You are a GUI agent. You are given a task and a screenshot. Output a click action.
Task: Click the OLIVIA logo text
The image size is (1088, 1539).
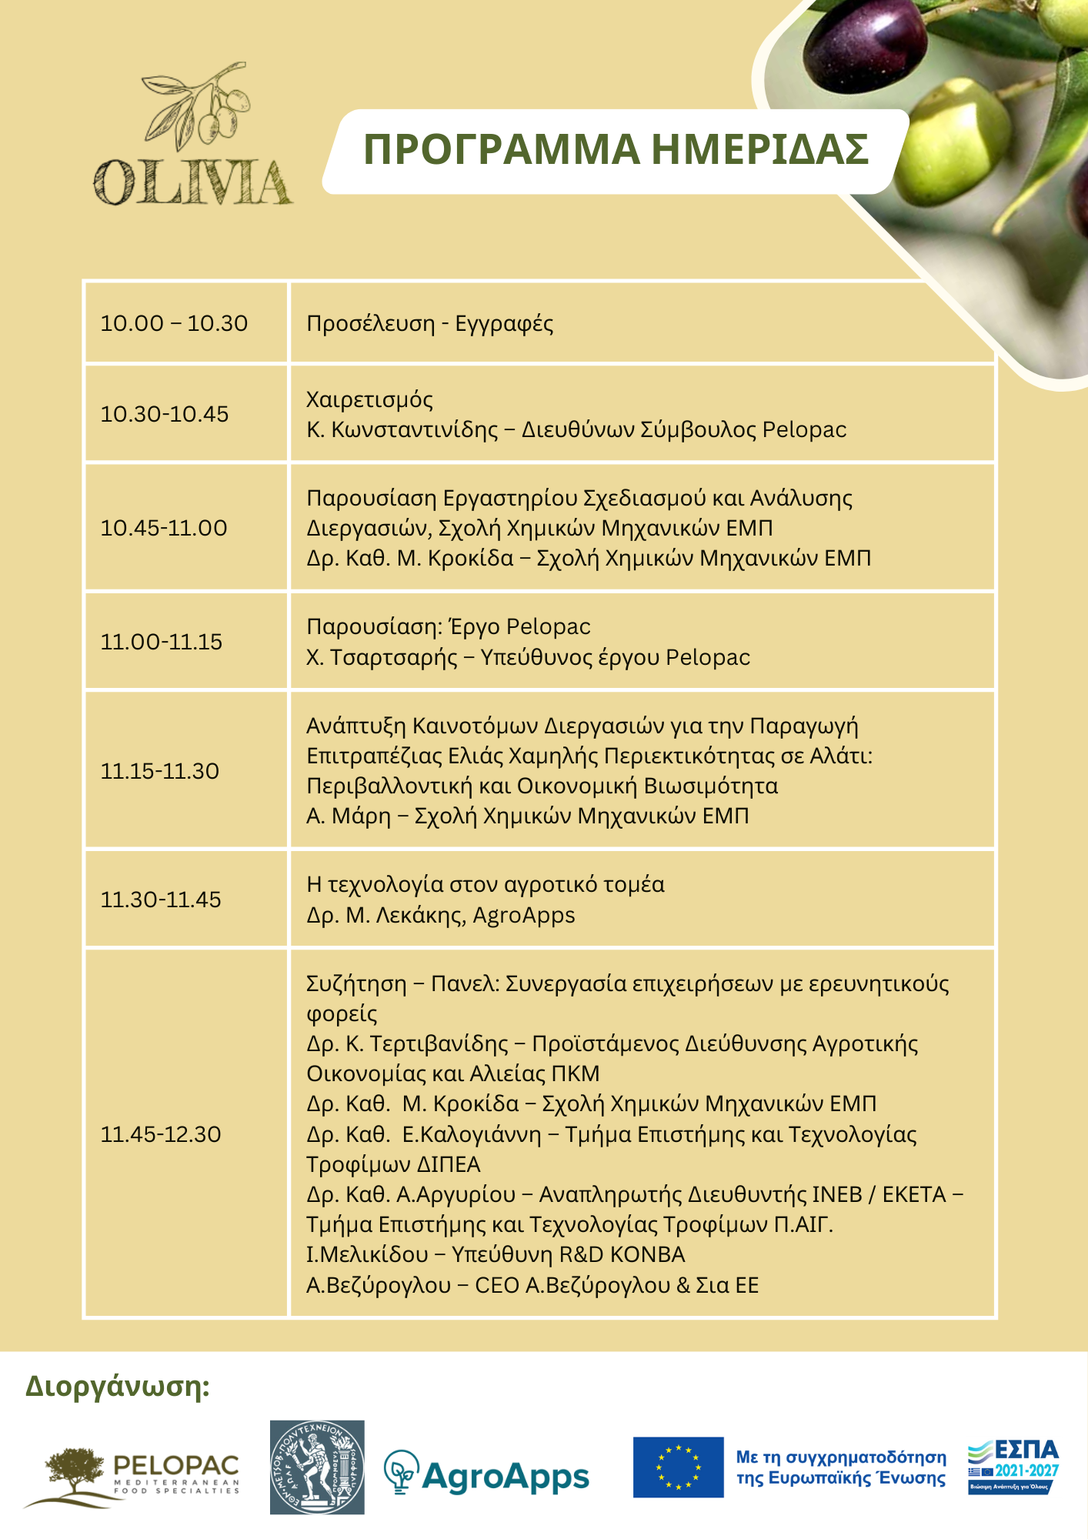coord(192,182)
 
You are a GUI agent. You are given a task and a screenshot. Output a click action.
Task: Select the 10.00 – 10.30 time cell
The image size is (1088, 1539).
coord(175,323)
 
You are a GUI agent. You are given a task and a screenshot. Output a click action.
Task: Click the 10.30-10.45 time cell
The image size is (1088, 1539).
coord(165,414)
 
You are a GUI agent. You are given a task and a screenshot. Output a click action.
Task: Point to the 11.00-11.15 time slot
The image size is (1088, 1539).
coord(162,642)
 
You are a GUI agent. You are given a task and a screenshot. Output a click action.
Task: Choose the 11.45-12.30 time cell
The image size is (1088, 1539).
coord(161,1134)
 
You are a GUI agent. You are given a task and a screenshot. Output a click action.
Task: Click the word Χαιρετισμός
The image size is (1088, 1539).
coord(369,399)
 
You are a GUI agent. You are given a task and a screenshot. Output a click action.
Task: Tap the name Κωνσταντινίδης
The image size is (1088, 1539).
coord(415,429)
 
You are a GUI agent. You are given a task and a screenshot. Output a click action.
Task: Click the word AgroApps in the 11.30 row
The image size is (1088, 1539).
coord(524,916)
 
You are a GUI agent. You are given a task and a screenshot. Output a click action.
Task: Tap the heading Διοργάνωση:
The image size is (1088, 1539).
coord(118,1386)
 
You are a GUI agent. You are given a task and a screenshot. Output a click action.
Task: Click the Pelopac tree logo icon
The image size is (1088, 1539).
coord(73,1472)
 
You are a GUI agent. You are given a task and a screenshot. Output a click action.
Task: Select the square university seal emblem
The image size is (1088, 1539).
coord(317,1467)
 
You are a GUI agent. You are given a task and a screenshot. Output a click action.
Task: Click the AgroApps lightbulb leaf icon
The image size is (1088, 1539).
coord(401,1471)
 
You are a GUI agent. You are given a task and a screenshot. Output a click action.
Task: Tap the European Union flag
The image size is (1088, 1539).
coord(678,1467)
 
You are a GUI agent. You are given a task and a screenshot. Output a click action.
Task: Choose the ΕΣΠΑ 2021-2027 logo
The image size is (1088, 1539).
coord(1013,1467)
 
